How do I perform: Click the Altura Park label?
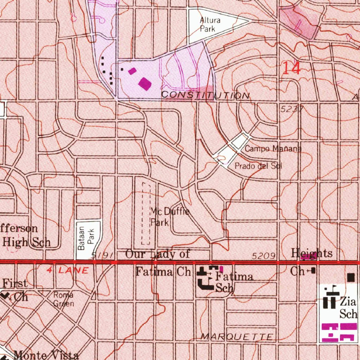click(210, 25)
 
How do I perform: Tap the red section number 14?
click(291, 68)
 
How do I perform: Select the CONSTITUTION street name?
click(205, 95)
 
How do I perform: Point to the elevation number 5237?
click(291, 109)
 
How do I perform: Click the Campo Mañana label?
click(273, 149)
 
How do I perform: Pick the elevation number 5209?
click(263, 256)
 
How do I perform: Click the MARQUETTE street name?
click(237, 337)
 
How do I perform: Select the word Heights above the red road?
click(311, 253)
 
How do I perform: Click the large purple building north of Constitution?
click(145, 83)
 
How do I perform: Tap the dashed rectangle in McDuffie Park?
click(146, 213)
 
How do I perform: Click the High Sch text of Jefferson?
click(26, 242)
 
